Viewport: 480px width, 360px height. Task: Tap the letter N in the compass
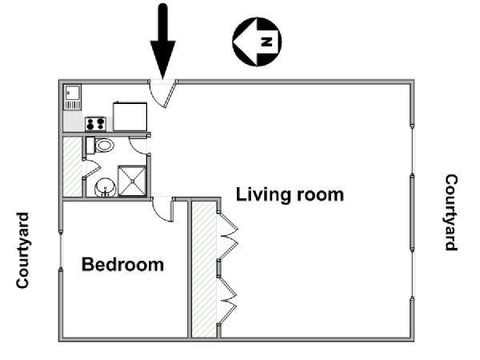pyautogui.click(x=266, y=42)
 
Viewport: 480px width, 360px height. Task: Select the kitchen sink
pyautogui.click(x=73, y=97)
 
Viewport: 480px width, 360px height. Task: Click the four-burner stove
pyautogui.click(x=95, y=124)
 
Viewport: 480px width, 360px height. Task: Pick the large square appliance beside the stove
pyautogui.click(x=130, y=116)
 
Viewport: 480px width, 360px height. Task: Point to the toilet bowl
pyautogui.click(x=105, y=146)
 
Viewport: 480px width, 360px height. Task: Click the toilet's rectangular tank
pyautogui.click(x=90, y=146)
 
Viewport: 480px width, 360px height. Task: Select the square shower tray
pyautogui.click(x=132, y=181)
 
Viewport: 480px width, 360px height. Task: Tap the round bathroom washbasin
pyautogui.click(x=106, y=188)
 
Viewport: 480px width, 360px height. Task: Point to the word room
pyautogui.click(x=316, y=195)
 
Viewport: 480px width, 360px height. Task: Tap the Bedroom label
pyautogui.click(x=122, y=265)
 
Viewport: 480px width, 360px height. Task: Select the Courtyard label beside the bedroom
pyautogui.click(x=22, y=250)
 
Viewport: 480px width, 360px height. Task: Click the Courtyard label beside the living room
pyautogui.click(x=451, y=213)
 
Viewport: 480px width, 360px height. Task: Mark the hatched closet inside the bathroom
pyautogui.click(x=73, y=167)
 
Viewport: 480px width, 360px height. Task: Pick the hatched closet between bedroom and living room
pyautogui.click(x=204, y=270)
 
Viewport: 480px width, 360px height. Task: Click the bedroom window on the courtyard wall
pyautogui.click(x=61, y=250)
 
